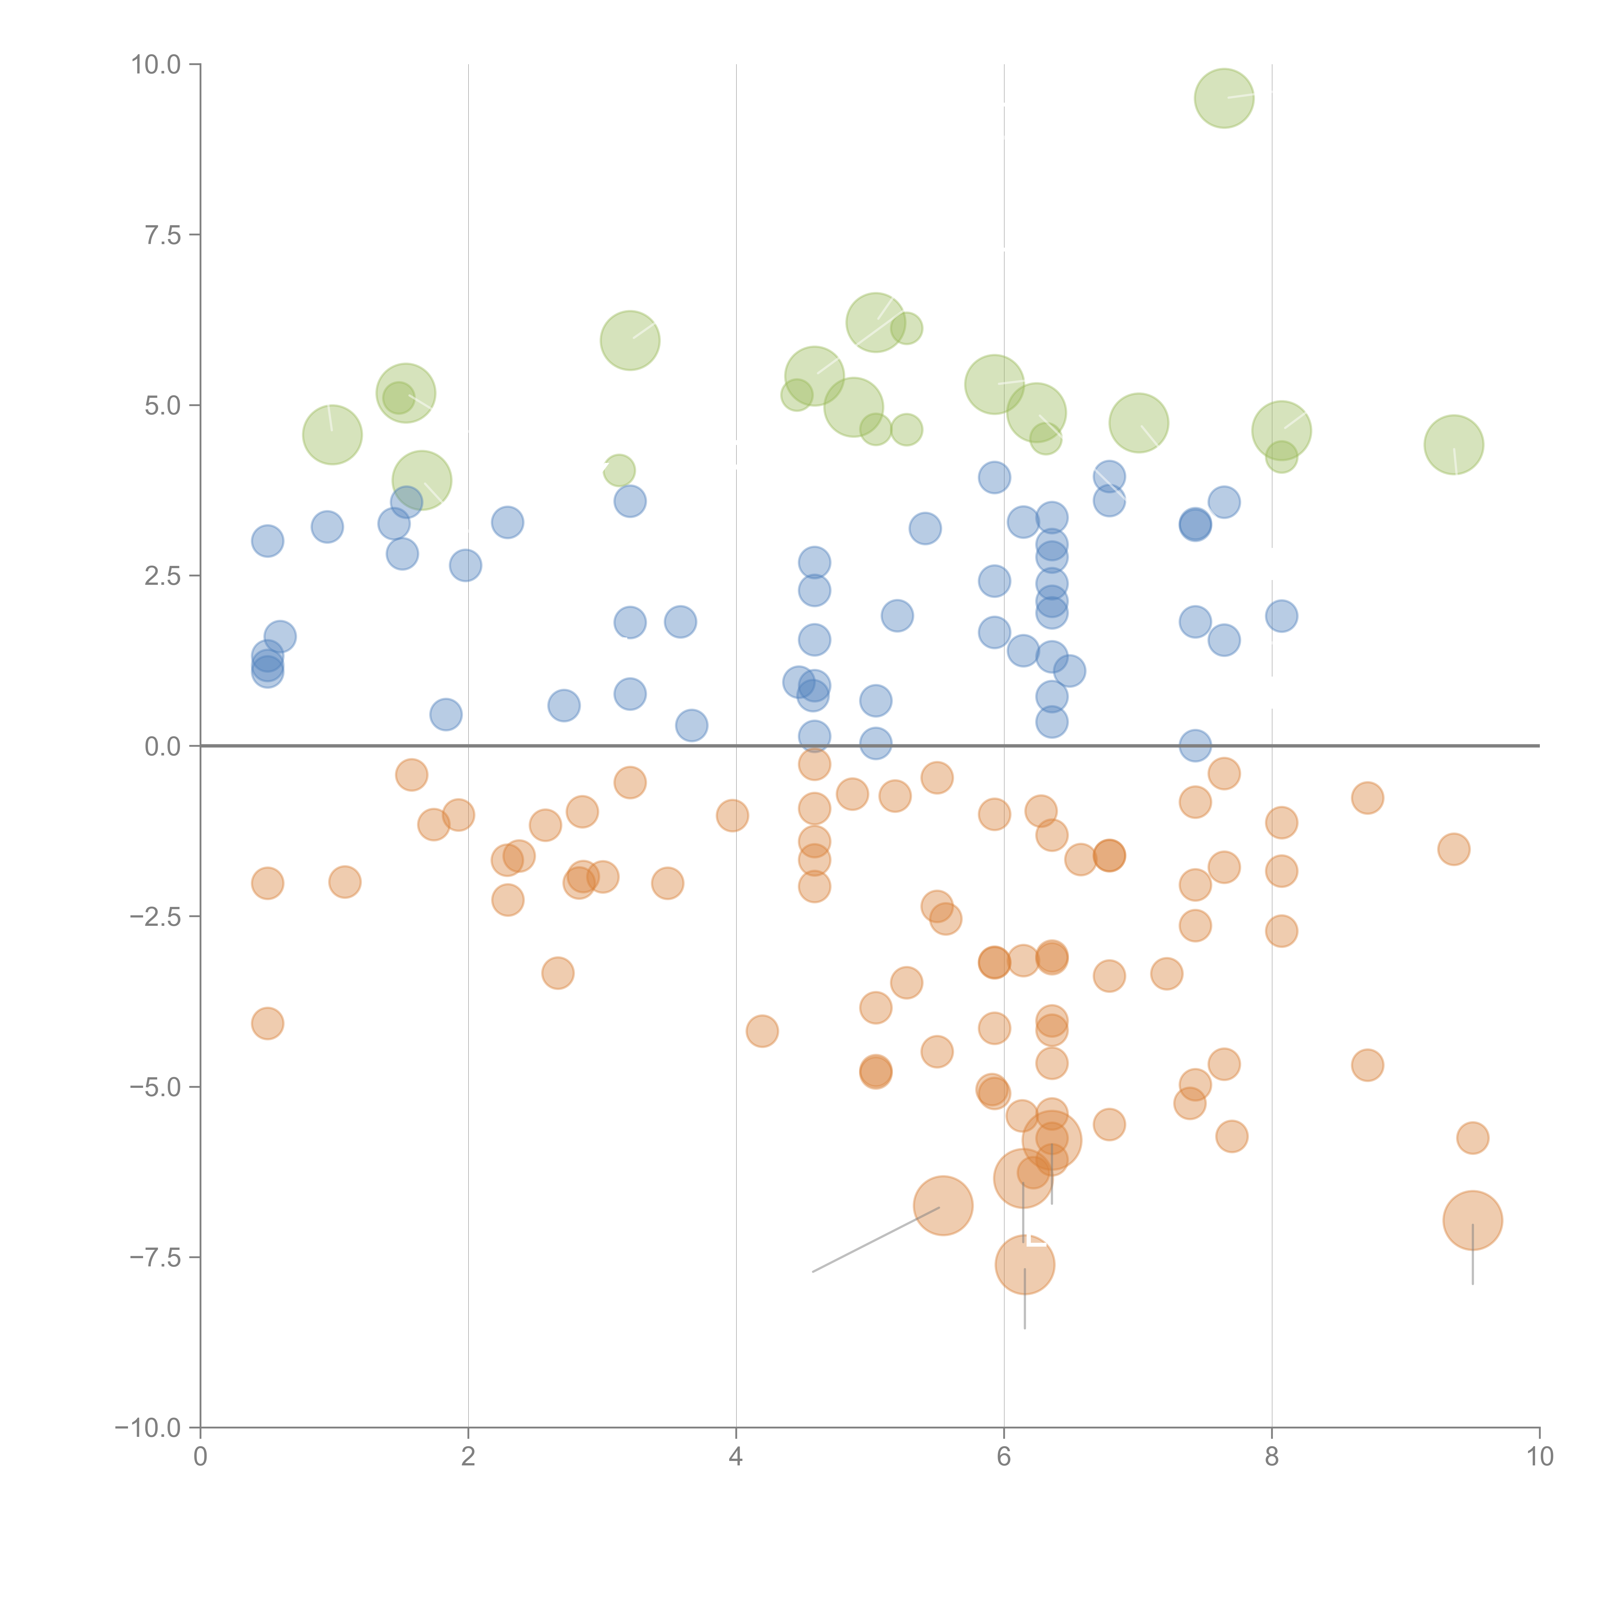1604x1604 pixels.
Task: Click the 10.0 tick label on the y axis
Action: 156,65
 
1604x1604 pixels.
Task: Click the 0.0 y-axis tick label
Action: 163,747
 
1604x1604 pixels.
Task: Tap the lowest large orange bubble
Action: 1025,1265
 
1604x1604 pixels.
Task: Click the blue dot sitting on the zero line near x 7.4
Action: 1195,746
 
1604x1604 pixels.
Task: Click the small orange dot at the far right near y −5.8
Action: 1472,1138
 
